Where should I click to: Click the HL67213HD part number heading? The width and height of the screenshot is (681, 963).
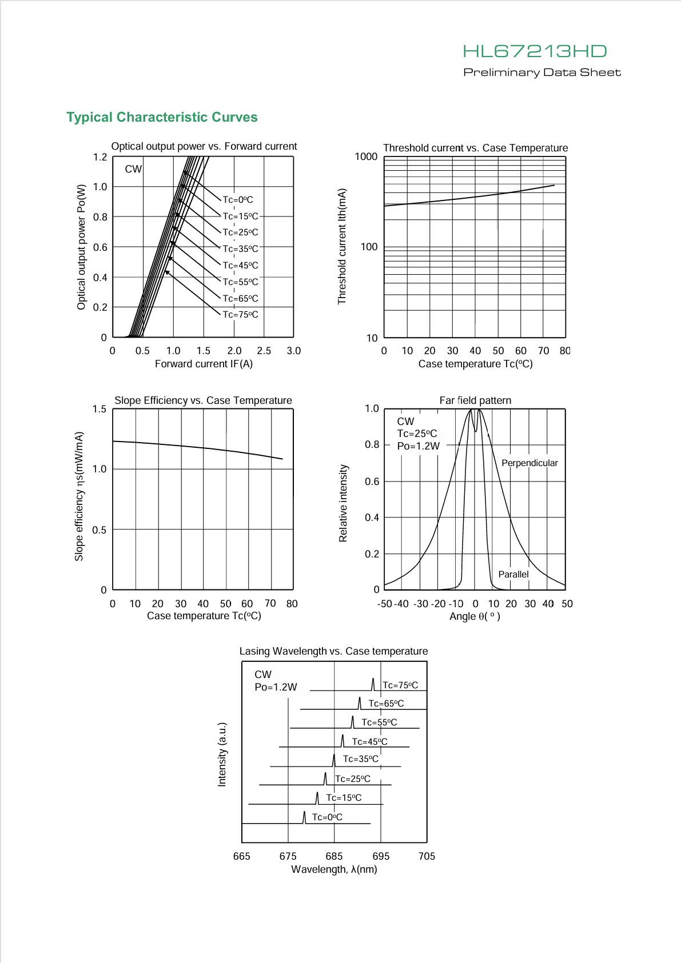[535, 51]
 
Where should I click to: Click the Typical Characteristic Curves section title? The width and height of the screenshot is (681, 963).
[162, 117]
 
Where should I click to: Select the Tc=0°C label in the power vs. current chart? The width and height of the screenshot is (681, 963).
[238, 199]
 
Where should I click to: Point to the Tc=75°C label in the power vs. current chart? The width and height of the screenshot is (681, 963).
[240, 314]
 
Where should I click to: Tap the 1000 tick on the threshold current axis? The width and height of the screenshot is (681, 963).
[366, 157]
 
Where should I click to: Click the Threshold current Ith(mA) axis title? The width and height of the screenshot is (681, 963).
[342, 246]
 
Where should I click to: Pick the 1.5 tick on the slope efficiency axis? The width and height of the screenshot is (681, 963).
[99, 409]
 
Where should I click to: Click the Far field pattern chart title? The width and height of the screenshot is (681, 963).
[475, 400]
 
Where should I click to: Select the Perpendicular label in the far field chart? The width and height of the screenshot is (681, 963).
[529, 463]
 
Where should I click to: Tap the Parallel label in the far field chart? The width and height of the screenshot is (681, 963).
[513, 575]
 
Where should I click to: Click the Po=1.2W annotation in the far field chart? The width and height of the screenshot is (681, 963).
[419, 446]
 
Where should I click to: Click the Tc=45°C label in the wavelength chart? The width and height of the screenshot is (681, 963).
[369, 741]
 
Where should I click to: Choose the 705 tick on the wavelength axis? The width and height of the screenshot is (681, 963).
[427, 856]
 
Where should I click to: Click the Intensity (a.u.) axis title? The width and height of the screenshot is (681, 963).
[222, 755]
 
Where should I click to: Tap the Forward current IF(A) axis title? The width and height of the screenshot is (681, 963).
[204, 364]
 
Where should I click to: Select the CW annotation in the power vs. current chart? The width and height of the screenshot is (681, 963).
[133, 169]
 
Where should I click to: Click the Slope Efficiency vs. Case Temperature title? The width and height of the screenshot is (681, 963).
[203, 400]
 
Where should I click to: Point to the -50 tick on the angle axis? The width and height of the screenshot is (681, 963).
[385, 604]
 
